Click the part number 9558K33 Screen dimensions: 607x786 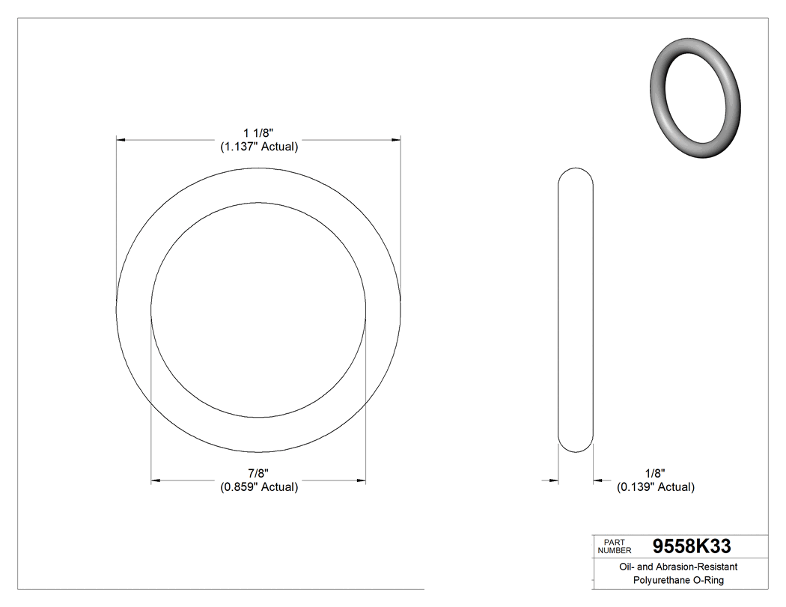tap(691, 546)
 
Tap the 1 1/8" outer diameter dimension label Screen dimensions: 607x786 tap(259, 132)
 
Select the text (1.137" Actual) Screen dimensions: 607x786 tap(259, 147)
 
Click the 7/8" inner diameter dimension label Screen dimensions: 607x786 tap(259, 473)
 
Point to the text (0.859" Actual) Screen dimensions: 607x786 tap(259, 487)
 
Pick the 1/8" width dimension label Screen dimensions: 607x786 tap(655, 473)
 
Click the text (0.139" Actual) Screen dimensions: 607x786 tap(655, 487)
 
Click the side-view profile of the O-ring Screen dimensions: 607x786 tap(576, 309)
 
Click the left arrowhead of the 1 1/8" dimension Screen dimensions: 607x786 tap(121, 139)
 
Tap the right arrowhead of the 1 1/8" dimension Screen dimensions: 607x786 tap(395, 139)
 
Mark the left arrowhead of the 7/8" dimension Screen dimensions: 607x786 tap(156, 480)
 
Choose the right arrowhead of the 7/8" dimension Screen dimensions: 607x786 tap(360, 480)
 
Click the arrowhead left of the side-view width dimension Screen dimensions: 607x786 tap(554, 480)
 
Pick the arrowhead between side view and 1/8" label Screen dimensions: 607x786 tap(598, 480)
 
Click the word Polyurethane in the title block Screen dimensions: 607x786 tap(655, 580)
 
